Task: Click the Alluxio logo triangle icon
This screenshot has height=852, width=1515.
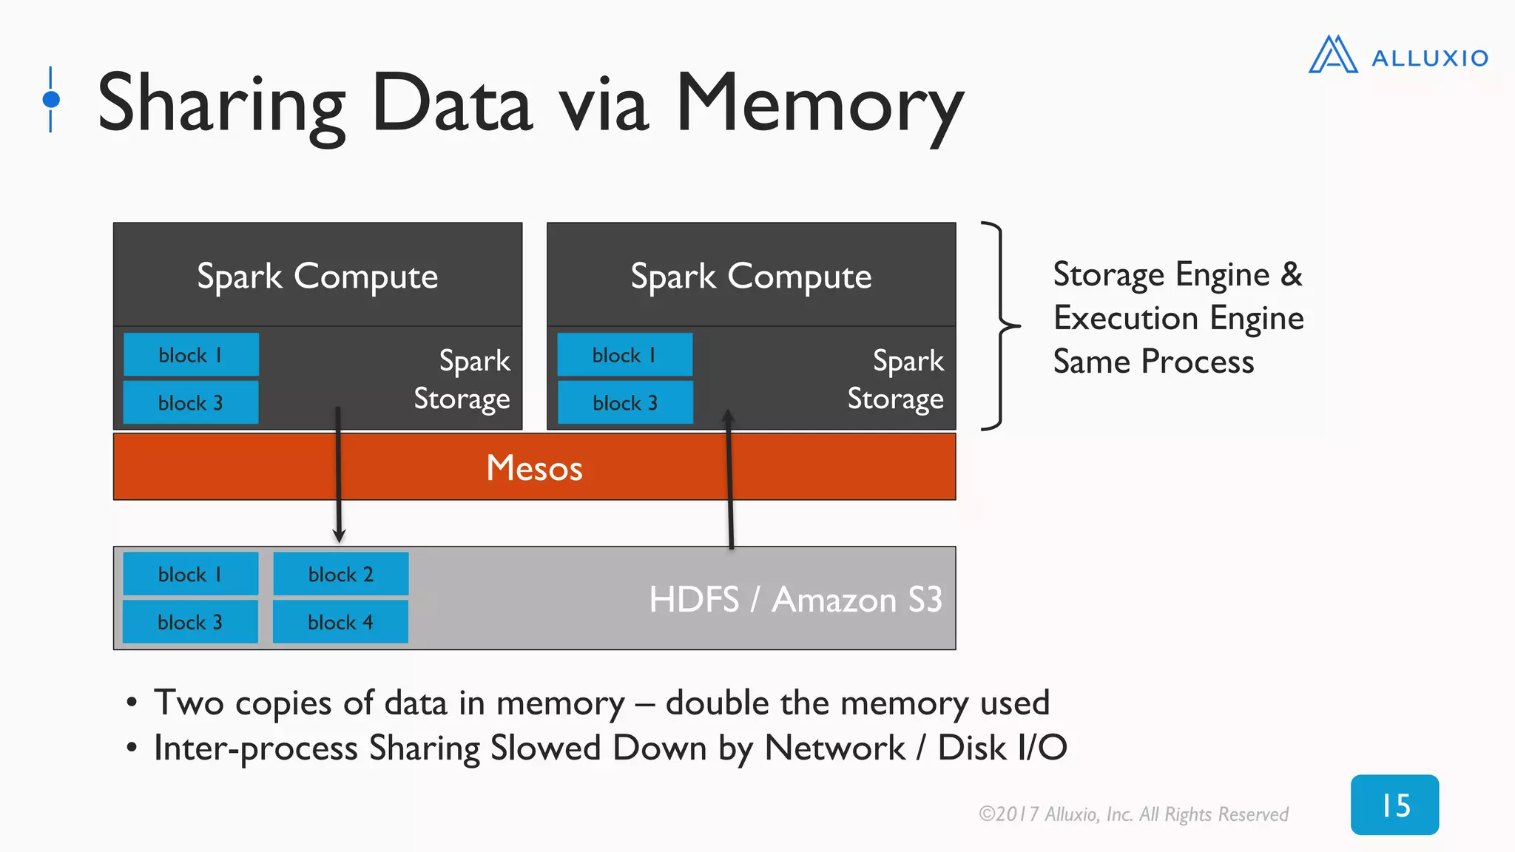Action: [x=1332, y=55]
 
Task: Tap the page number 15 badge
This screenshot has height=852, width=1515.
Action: [x=1394, y=805]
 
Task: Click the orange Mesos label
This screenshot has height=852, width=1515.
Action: [x=534, y=467]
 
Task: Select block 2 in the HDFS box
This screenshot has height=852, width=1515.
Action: [x=340, y=574]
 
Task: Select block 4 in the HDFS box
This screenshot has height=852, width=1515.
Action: [x=340, y=622]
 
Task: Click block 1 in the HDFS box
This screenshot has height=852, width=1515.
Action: [x=190, y=574]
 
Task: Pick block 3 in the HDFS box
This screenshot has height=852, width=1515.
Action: [x=190, y=622]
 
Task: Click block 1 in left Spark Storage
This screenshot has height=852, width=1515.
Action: [x=190, y=355]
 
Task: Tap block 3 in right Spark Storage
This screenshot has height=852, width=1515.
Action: [x=624, y=403]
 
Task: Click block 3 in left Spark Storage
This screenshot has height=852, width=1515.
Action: [x=190, y=403]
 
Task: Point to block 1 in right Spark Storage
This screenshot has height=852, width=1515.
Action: [x=624, y=355]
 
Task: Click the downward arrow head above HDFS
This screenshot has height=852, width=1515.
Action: [x=339, y=535]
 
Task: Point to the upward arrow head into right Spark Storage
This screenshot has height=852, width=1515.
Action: [x=728, y=417]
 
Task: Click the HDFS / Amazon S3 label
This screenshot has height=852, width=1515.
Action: [x=795, y=599]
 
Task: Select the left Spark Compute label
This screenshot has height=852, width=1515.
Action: [x=317, y=277]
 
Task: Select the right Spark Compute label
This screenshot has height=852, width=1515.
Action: [x=751, y=277]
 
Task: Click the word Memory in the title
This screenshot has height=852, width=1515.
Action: [x=819, y=104]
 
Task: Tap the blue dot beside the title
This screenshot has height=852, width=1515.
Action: [x=51, y=99]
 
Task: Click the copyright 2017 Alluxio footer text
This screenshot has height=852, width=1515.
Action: [x=1133, y=814]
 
